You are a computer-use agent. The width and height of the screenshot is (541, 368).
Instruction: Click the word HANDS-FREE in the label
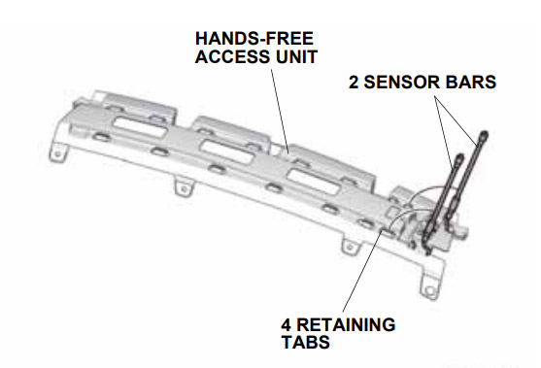click(x=254, y=38)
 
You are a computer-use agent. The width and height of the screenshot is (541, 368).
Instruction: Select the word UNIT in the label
click(x=295, y=56)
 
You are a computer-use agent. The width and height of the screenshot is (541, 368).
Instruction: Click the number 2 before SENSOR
click(x=354, y=83)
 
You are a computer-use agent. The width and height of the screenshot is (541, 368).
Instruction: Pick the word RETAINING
click(x=346, y=325)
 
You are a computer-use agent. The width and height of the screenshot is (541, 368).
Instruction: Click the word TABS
click(x=306, y=343)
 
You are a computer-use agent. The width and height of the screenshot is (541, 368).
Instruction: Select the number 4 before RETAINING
click(x=287, y=325)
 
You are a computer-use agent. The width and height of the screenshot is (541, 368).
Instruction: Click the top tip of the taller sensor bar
click(x=484, y=133)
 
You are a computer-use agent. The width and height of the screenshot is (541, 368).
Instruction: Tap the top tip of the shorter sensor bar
click(x=459, y=157)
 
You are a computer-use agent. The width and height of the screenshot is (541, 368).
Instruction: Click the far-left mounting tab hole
click(x=58, y=153)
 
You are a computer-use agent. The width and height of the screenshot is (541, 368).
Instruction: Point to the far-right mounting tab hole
click(x=429, y=290)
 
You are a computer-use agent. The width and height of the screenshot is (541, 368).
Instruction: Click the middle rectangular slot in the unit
click(x=226, y=152)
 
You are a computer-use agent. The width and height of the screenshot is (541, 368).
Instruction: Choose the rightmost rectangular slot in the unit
click(x=314, y=182)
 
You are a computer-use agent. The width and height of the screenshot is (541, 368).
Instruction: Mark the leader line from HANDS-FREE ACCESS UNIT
click(x=280, y=111)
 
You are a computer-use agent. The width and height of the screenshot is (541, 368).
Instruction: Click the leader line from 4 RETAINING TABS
click(x=362, y=271)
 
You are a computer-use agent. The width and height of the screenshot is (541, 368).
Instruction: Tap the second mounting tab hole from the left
click(x=185, y=189)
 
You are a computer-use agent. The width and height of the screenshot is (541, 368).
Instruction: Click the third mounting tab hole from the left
click(x=350, y=247)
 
